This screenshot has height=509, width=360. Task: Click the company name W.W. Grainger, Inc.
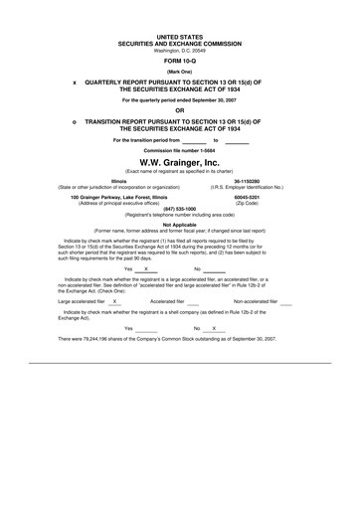point(180,161)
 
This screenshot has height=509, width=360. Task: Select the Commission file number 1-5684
point(180,149)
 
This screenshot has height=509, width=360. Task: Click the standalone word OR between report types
point(180,110)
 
